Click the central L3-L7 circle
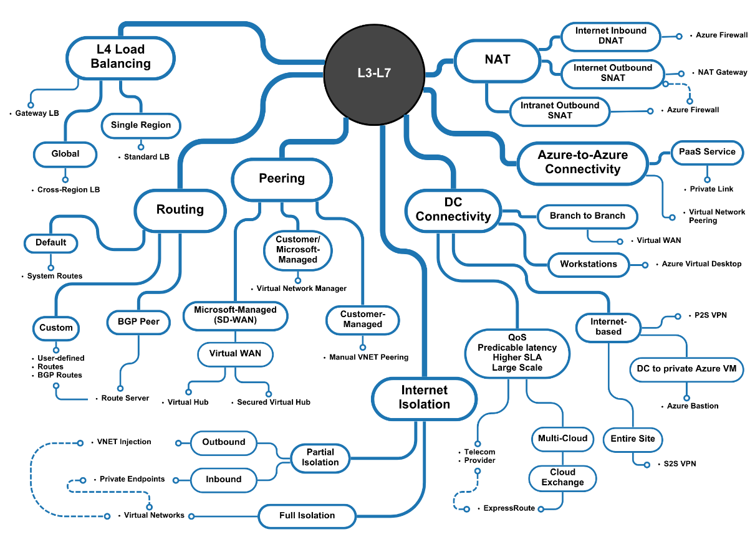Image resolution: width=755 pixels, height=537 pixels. pyautogui.click(x=373, y=73)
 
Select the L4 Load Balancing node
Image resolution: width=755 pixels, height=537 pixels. pyautogui.click(x=120, y=56)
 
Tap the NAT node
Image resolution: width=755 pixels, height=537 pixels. pyautogui.click(x=497, y=60)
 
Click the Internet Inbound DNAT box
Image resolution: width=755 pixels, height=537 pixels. pyautogui.click(x=610, y=36)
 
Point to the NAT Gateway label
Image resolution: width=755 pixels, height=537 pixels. pyautogui.click(x=722, y=72)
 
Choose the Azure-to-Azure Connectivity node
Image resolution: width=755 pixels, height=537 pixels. pyautogui.click(x=582, y=162)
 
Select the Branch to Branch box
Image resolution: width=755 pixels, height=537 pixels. pyautogui.click(x=587, y=216)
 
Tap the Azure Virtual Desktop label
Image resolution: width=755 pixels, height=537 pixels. pyautogui.click(x=701, y=264)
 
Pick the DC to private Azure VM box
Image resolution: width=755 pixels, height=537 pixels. pyautogui.click(x=686, y=368)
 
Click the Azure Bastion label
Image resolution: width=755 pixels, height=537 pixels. pyautogui.click(x=693, y=406)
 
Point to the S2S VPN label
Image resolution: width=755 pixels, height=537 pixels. pyautogui.click(x=680, y=463)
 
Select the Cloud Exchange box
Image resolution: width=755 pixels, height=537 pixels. pyautogui.click(x=562, y=477)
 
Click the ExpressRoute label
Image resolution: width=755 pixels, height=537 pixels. pyautogui.click(x=509, y=508)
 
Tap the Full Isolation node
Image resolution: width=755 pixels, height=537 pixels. pyautogui.click(x=307, y=515)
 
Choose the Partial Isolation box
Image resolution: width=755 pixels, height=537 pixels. pyautogui.click(x=320, y=457)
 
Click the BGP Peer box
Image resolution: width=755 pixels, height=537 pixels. pyautogui.click(x=138, y=321)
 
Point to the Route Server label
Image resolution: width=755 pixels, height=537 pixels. pyautogui.click(x=125, y=397)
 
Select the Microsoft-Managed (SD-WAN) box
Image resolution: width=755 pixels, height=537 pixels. pyautogui.click(x=235, y=315)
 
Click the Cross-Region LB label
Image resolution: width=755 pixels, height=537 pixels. pyautogui.click(x=68, y=189)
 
